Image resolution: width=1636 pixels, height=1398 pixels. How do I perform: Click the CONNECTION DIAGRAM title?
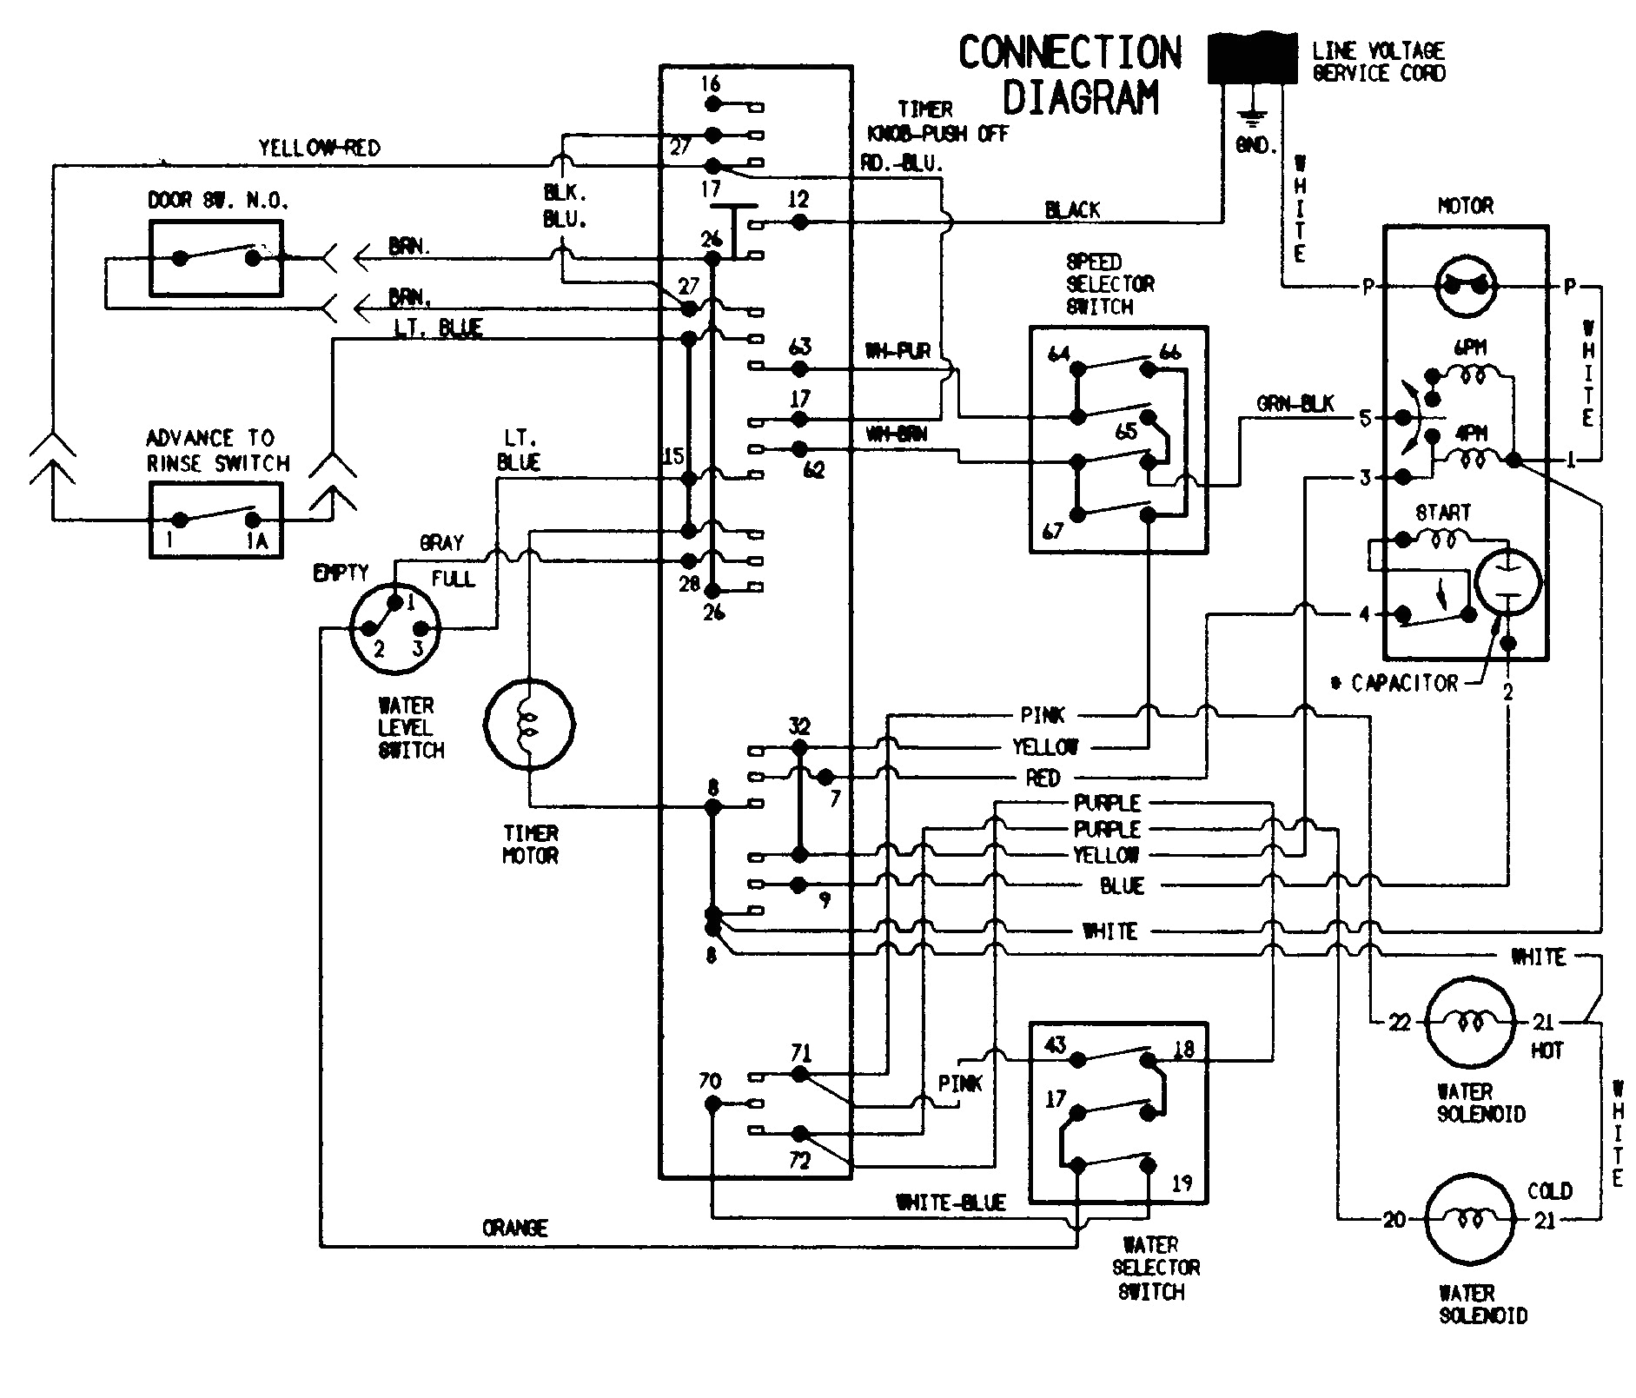pyautogui.click(x=1070, y=76)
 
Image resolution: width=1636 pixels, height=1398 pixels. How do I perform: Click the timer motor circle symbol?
pyautogui.click(x=529, y=724)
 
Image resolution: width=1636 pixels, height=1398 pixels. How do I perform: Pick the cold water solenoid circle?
pyautogui.click(x=1470, y=1220)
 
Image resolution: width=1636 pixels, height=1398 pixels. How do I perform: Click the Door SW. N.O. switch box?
pyautogui.click(x=215, y=258)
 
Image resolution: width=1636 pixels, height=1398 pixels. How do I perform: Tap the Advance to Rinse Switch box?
pyautogui.click(x=215, y=520)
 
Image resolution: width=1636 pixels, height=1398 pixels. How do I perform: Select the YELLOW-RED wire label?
pyautogui.click(x=319, y=149)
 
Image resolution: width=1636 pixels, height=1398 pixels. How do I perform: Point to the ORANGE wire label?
pyautogui.click(x=514, y=1228)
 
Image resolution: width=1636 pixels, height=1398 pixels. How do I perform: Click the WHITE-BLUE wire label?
pyautogui.click(x=950, y=1203)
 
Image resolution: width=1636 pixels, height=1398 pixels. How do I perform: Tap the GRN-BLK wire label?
pyautogui.click(x=1295, y=405)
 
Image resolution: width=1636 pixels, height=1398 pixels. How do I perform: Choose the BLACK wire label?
pyautogui.click(x=1072, y=209)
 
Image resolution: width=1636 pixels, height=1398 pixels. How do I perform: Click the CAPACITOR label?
pyautogui.click(x=1404, y=683)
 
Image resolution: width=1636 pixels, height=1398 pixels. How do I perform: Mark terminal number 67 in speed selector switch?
pyautogui.click(x=1052, y=530)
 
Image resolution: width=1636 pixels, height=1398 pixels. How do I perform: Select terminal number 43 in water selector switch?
pyautogui.click(x=1055, y=1045)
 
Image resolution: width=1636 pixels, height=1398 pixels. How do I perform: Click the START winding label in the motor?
pyautogui.click(x=1442, y=513)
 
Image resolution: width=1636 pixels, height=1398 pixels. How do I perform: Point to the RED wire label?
pyautogui.click(x=1043, y=778)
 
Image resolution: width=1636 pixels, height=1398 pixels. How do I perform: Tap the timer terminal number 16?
pyautogui.click(x=711, y=84)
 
